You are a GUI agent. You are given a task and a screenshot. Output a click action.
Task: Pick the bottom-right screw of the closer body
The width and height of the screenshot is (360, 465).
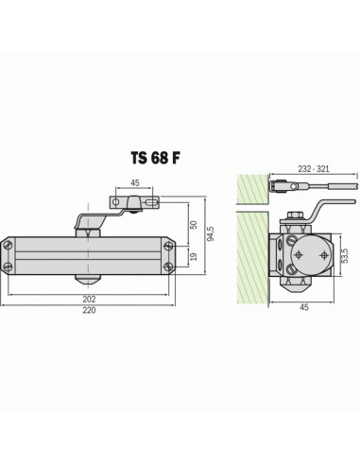click(168, 270)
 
